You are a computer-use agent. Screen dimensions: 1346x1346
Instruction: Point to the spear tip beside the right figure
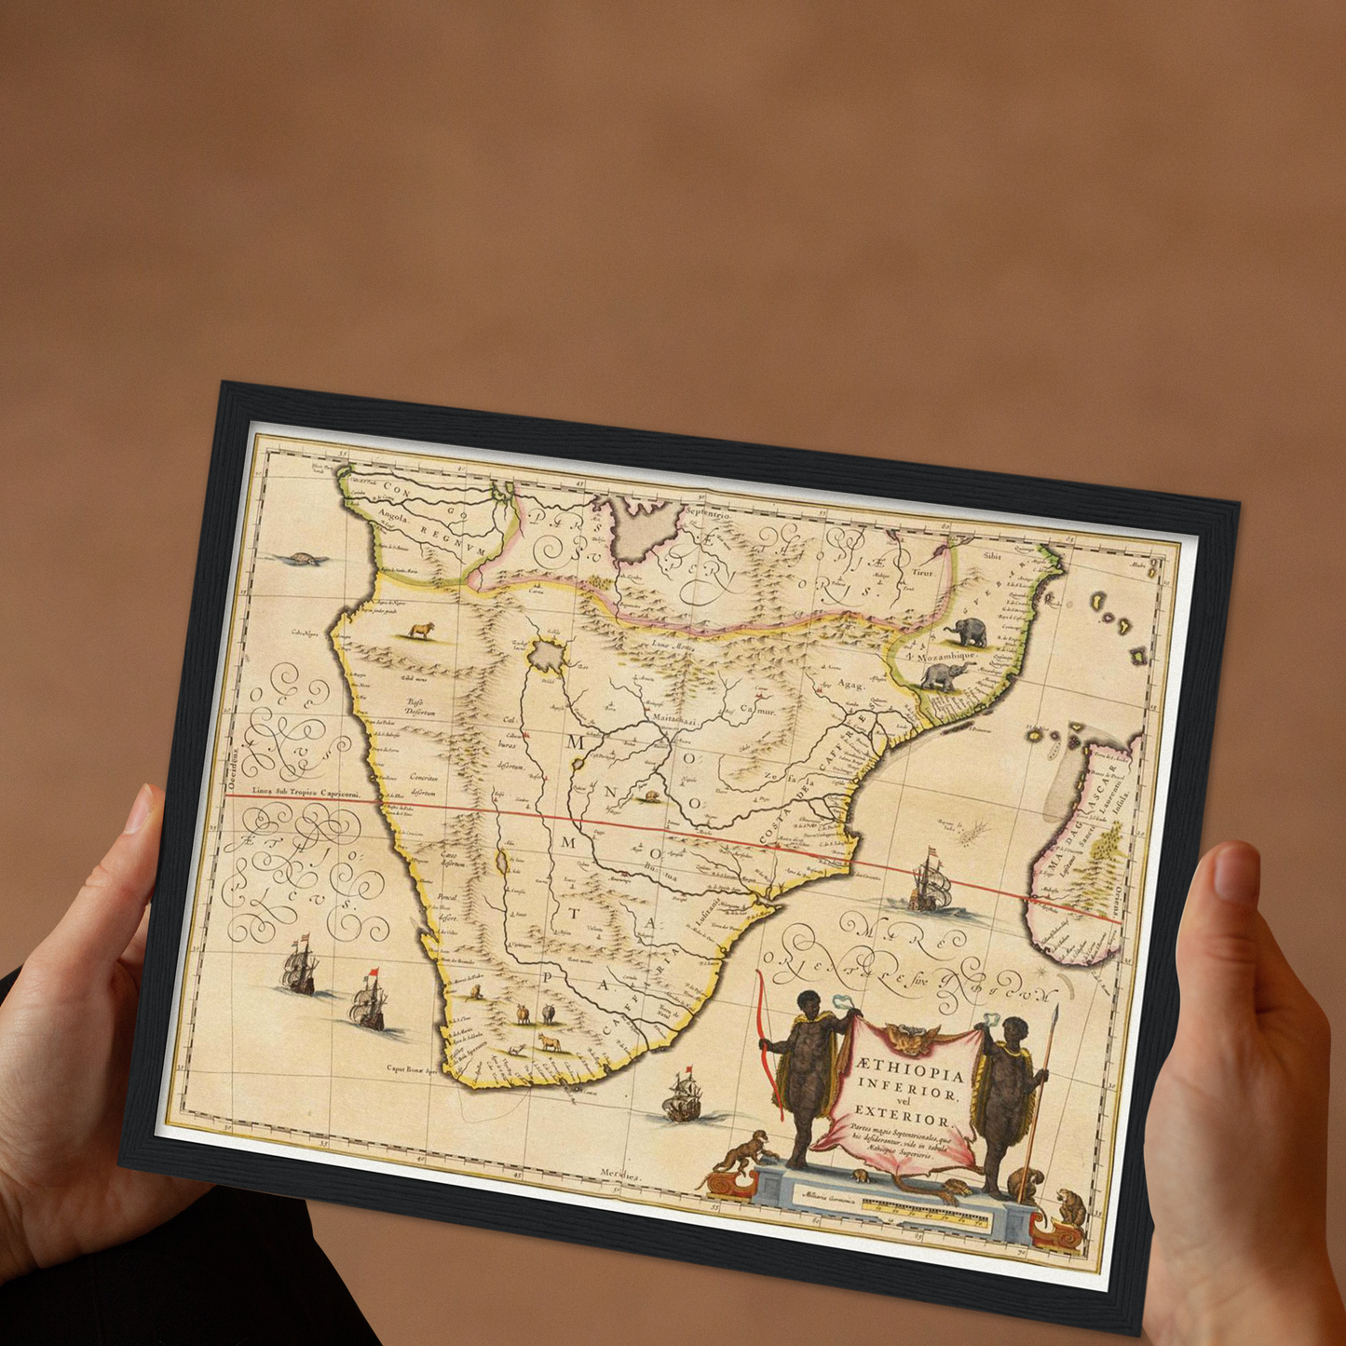[x=1056, y=1014]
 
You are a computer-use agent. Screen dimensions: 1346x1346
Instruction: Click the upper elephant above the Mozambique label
[x=967, y=633]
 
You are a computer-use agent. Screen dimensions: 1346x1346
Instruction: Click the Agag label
[x=850, y=684]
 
